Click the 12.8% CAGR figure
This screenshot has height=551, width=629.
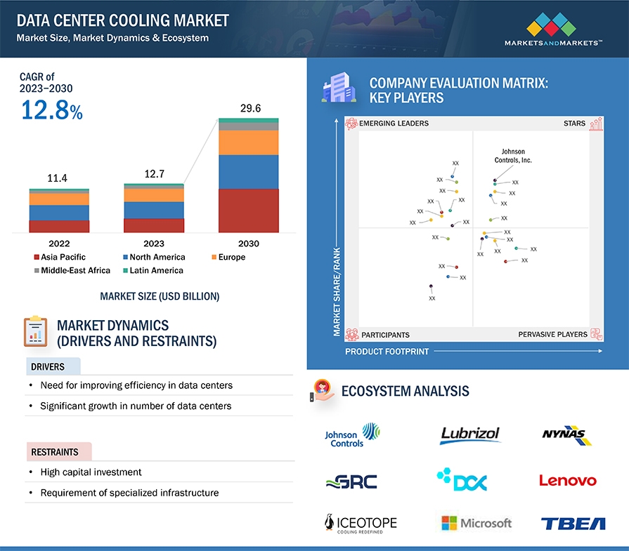coord(51,110)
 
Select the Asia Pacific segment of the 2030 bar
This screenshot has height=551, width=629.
coord(248,211)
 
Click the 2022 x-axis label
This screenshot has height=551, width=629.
coord(59,244)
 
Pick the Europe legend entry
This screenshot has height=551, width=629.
coord(231,257)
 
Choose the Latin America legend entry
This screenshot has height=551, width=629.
coord(156,270)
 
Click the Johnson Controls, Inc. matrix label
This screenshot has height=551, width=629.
coord(513,156)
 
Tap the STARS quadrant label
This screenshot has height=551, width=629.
coord(574,124)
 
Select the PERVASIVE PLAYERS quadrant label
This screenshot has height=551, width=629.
coord(552,335)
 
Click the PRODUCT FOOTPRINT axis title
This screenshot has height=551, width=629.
coord(387,351)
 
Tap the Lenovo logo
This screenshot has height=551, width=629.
coord(568,481)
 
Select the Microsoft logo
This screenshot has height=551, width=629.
coord(476,523)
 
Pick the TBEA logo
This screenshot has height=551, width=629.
coord(573,523)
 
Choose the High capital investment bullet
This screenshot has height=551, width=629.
coord(91,472)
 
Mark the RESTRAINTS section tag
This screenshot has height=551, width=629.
coord(54,452)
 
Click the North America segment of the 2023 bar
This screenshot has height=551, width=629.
coord(153,210)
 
